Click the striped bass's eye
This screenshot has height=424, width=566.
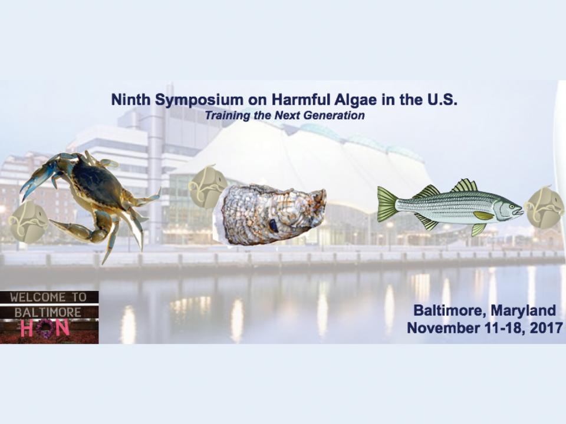click(x=512, y=207)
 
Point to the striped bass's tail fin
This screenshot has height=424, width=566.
click(x=387, y=204)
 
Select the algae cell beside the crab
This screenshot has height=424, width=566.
click(x=28, y=222)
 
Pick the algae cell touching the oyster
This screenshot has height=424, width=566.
click(x=207, y=187)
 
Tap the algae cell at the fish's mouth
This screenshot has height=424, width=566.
click(x=544, y=207)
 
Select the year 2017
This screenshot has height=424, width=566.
click(x=545, y=328)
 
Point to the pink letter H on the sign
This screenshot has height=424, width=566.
click(x=27, y=328)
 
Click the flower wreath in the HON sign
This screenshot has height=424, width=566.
click(x=45, y=328)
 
